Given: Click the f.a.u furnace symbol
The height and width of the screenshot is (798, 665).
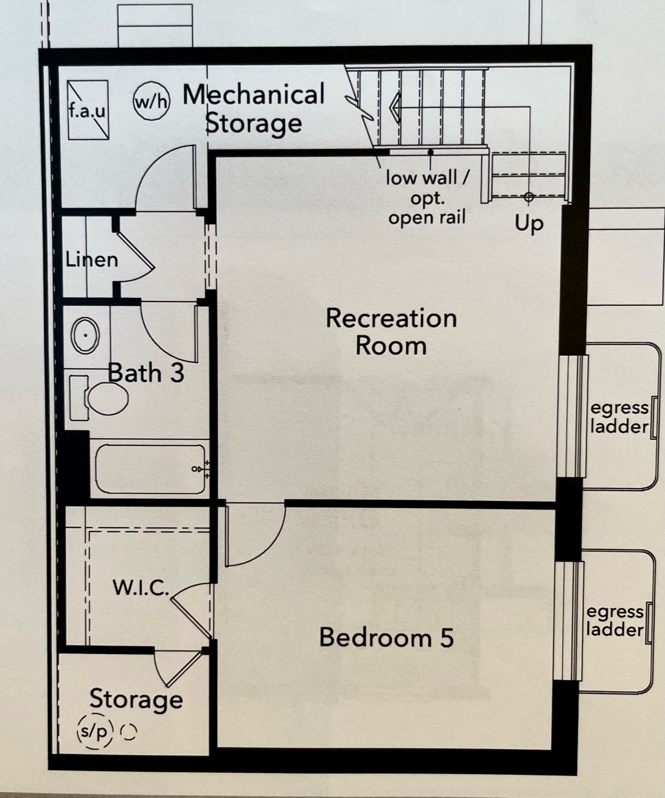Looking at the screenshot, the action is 88,110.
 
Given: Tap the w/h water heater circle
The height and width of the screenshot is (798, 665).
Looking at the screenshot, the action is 151,101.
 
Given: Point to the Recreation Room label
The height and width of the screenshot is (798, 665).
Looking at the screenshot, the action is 391,332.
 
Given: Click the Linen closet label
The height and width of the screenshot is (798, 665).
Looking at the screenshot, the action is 92,260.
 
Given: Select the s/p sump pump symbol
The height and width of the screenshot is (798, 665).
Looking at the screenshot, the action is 96,731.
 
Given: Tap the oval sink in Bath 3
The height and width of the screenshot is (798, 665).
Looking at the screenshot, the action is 86,335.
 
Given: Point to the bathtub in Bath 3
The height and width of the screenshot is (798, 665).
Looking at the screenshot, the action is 151,469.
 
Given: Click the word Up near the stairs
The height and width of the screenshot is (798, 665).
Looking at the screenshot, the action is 529,223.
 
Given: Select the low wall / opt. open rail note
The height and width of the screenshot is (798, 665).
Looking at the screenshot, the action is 427,198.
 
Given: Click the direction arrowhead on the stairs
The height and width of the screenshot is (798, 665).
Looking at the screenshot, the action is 395,108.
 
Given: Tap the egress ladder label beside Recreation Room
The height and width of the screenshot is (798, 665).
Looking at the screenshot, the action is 619,417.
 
